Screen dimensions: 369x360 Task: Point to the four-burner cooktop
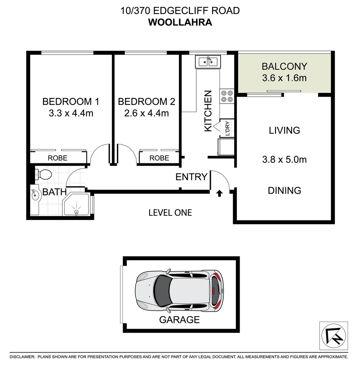pyautogui.click(x=226, y=96)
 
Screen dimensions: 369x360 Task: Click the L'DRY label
pyautogui.click(x=227, y=129)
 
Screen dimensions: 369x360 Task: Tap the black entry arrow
pyautogui.click(x=219, y=194)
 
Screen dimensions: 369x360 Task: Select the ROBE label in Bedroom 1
pyautogui.click(x=57, y=158)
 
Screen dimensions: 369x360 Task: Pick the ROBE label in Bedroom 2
pyautogui.click(x=159, y=158)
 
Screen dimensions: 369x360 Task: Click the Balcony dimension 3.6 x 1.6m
pyautogui.click(x=284, y=78)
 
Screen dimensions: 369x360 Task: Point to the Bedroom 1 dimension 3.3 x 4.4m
pyautogui.click(x=71, y=113)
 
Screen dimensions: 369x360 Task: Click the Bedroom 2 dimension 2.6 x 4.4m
pyautogui.click(x=147, y=113)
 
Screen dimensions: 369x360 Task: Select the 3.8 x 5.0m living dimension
pyautogui.click(x=284, y=159)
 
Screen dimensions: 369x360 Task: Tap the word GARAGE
pyautogui.click(x=179, y=320)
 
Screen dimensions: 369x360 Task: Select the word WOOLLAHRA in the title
pyautogui.click(x=180, y=22)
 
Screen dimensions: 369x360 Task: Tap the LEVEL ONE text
pyautogui.click(x=170, y=213)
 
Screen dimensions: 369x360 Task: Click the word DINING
pyautogui.click(x=284, y=190)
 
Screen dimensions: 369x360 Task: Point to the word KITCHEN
pyautogui.click(x=208, y=111)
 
